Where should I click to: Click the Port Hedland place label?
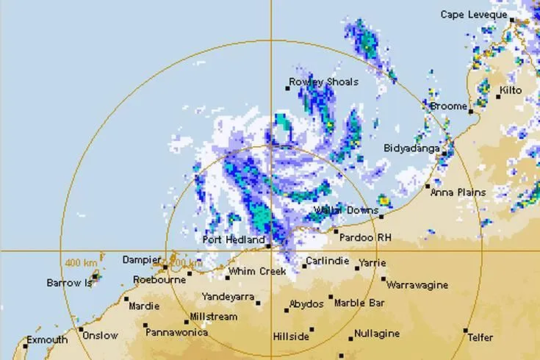tap(234, 240)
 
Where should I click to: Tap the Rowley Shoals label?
tap(324, 82)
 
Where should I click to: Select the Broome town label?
tap(447, 107)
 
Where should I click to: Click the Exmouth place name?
tap(47, 340)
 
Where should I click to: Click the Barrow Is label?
tap(69, 282)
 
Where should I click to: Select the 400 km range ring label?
tap(82, 262)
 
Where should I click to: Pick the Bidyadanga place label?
tap(411, 148)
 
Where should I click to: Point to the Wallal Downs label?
tap(345, 210)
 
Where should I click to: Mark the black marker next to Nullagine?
tap(350, 339)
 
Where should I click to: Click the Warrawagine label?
tap(416, 283)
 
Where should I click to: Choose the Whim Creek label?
tap(256, 272)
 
